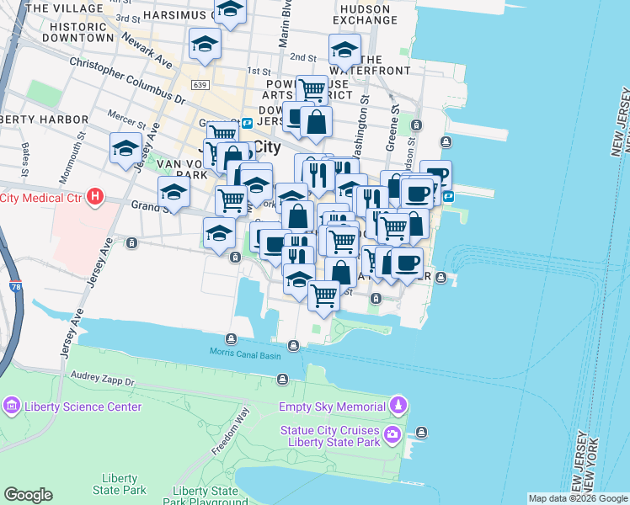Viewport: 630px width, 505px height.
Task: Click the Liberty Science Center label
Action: pyautogui.click(x=83, y=407)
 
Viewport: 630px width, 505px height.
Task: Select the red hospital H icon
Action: pyautogui.click(x=95, y=198)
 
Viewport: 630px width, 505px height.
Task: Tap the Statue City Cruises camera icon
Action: pyautogui.click(x=392, y=434)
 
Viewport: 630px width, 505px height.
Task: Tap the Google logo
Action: pyautogui.click(x=28, y=495)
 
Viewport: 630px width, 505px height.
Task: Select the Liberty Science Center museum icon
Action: pyautogui.click(x=11, y=407)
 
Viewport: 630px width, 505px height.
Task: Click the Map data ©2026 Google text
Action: pyautogui.click(x=578, y=498)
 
